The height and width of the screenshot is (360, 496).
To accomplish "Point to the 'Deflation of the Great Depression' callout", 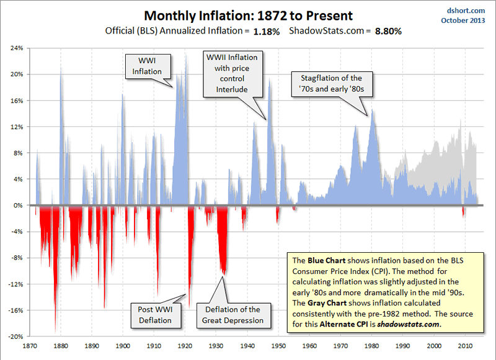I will tap(232, 315).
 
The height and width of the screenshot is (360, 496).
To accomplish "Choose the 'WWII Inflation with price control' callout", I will tap(231, 73).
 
